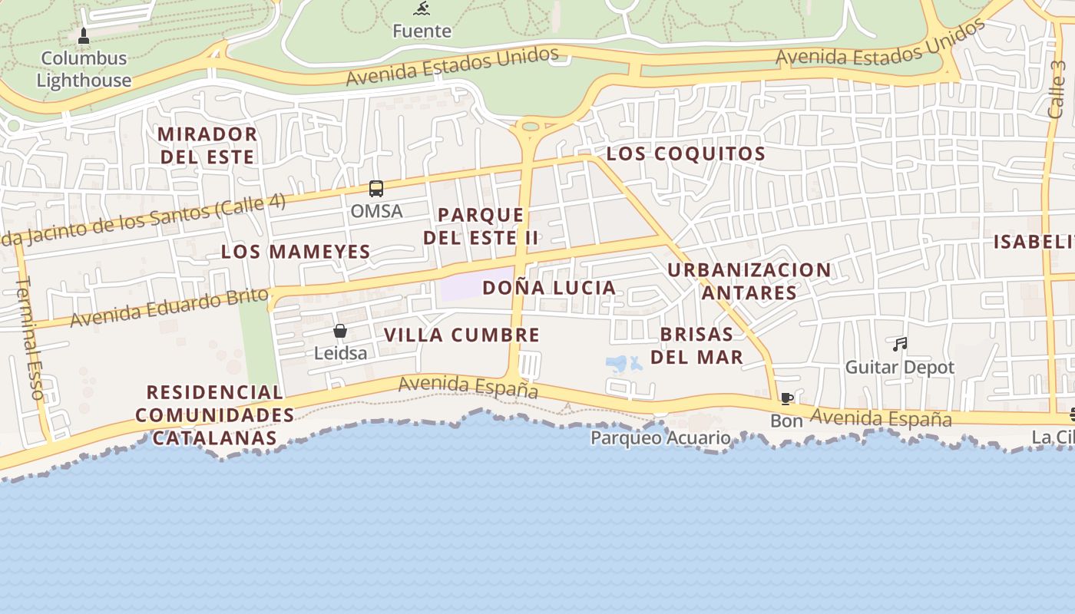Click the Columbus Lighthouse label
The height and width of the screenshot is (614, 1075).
click(x=84, y=69)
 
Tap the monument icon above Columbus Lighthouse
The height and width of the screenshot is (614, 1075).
click(x=84, y=35)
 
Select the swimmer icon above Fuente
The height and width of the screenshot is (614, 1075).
click(x=422, y=9)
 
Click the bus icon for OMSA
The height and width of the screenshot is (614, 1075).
click(x=375, y=188)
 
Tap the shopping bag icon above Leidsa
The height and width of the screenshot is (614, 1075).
click(x=340, y=331)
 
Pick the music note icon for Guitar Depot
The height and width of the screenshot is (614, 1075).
click(x=900, y=345)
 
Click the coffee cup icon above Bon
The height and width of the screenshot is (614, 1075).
click(x=786, y=398)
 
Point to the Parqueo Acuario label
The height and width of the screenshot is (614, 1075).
click(x=660, y=437)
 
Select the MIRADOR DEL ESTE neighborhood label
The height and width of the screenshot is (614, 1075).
click(x=207, y=145)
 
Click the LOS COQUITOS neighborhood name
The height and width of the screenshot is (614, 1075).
click(x=686, y=153)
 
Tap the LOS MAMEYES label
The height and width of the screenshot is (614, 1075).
click(x=296, y=251)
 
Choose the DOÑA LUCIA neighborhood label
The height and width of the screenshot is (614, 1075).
click(x=549, y=288)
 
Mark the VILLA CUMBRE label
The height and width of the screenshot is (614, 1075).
click(x=461, y=335)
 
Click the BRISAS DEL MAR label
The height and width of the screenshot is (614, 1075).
click(x=697, y=345)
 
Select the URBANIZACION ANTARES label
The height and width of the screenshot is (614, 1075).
click(x=749, y=281)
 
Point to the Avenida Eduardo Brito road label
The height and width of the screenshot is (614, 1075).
click(x=170, y=308)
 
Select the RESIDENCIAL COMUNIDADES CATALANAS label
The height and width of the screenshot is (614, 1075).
click(x=214, y=415)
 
